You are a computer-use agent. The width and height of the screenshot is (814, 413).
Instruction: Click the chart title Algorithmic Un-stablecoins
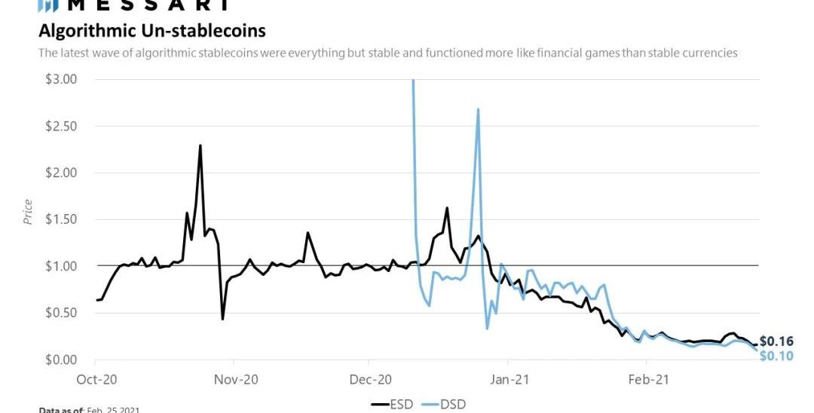[151, 31]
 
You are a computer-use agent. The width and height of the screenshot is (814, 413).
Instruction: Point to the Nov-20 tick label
[236, 379]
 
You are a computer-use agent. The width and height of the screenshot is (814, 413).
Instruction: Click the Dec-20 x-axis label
[371, 379]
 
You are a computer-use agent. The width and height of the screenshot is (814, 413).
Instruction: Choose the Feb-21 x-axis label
[647, 379]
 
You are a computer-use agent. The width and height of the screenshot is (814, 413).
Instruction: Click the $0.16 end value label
[776, 341]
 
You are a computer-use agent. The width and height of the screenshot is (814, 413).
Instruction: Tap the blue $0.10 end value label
[776, 356]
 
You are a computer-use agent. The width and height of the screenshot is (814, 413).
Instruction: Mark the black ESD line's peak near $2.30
[200, 145]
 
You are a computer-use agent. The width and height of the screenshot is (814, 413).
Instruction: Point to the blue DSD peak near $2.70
[478, 110]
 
